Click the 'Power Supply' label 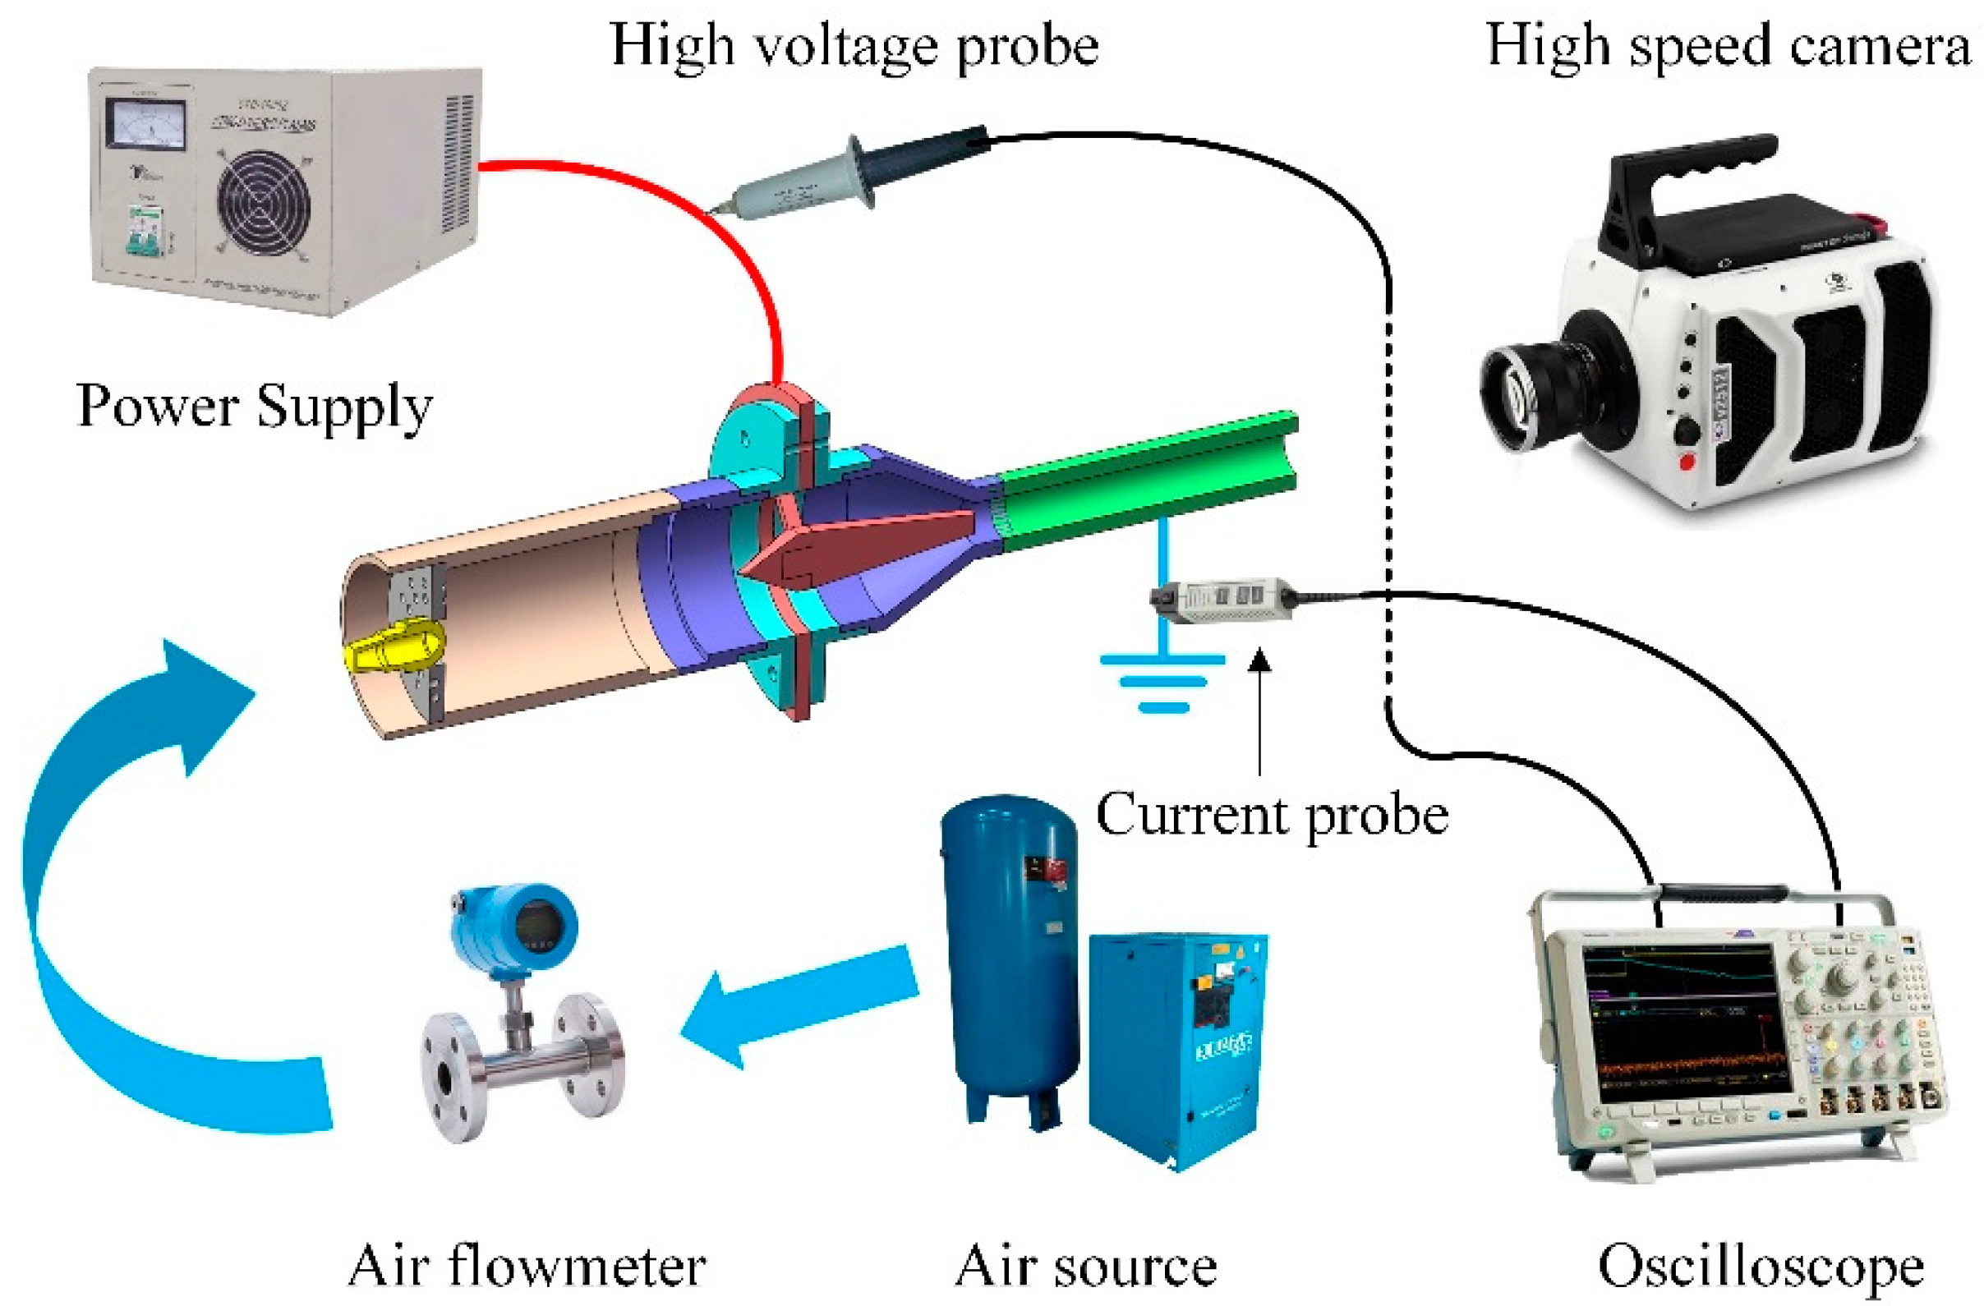pyautogui.click(x=254, y=407)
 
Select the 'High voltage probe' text pyautogui.click(x=854, y=46)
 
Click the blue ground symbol pyautogui.click(x=1163, y=679)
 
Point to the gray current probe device pyautogui.click(x=1222, y=598)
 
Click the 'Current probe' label pyautogui.click(x=1271, y=815)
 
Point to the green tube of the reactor pyautogui.click(x=1150, y=484)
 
